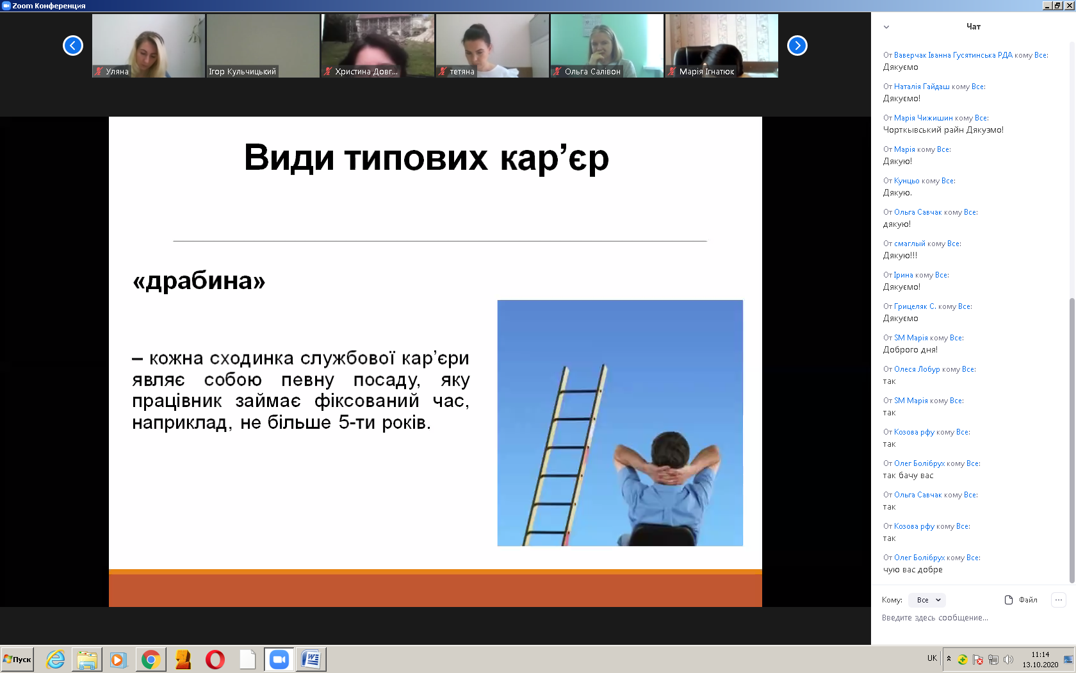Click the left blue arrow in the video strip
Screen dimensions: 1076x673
[x=73, y=46]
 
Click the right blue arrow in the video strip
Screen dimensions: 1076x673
[x=797, y=46]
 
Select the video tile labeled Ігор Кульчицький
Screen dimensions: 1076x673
[x=263, y=46]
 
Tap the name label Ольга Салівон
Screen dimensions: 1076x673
[x=592, y=72]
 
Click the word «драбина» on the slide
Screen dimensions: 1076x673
[x=199, y=281]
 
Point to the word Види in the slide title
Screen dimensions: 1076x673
[x=289, y=157]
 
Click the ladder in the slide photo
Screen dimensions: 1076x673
[x=564, y=455]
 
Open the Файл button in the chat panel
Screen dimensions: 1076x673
[x=1021, y=600]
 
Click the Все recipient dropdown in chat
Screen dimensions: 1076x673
[x=927, y=600]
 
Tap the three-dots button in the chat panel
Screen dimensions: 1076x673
[x=1059, y=600]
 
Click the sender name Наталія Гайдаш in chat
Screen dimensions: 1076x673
[x=921, y=87]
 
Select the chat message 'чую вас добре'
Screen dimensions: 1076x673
[x=913, y=570]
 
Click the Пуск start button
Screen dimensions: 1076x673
[x=17, y=659]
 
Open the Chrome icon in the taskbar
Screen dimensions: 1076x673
[x=151, y=660]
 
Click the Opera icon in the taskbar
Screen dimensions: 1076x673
[x=215, y=660]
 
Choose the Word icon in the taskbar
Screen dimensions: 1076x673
[x=311, y=660]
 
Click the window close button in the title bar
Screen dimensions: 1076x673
[x=1070, y=5]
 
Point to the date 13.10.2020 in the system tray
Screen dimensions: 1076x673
[x=1040, y=665]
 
